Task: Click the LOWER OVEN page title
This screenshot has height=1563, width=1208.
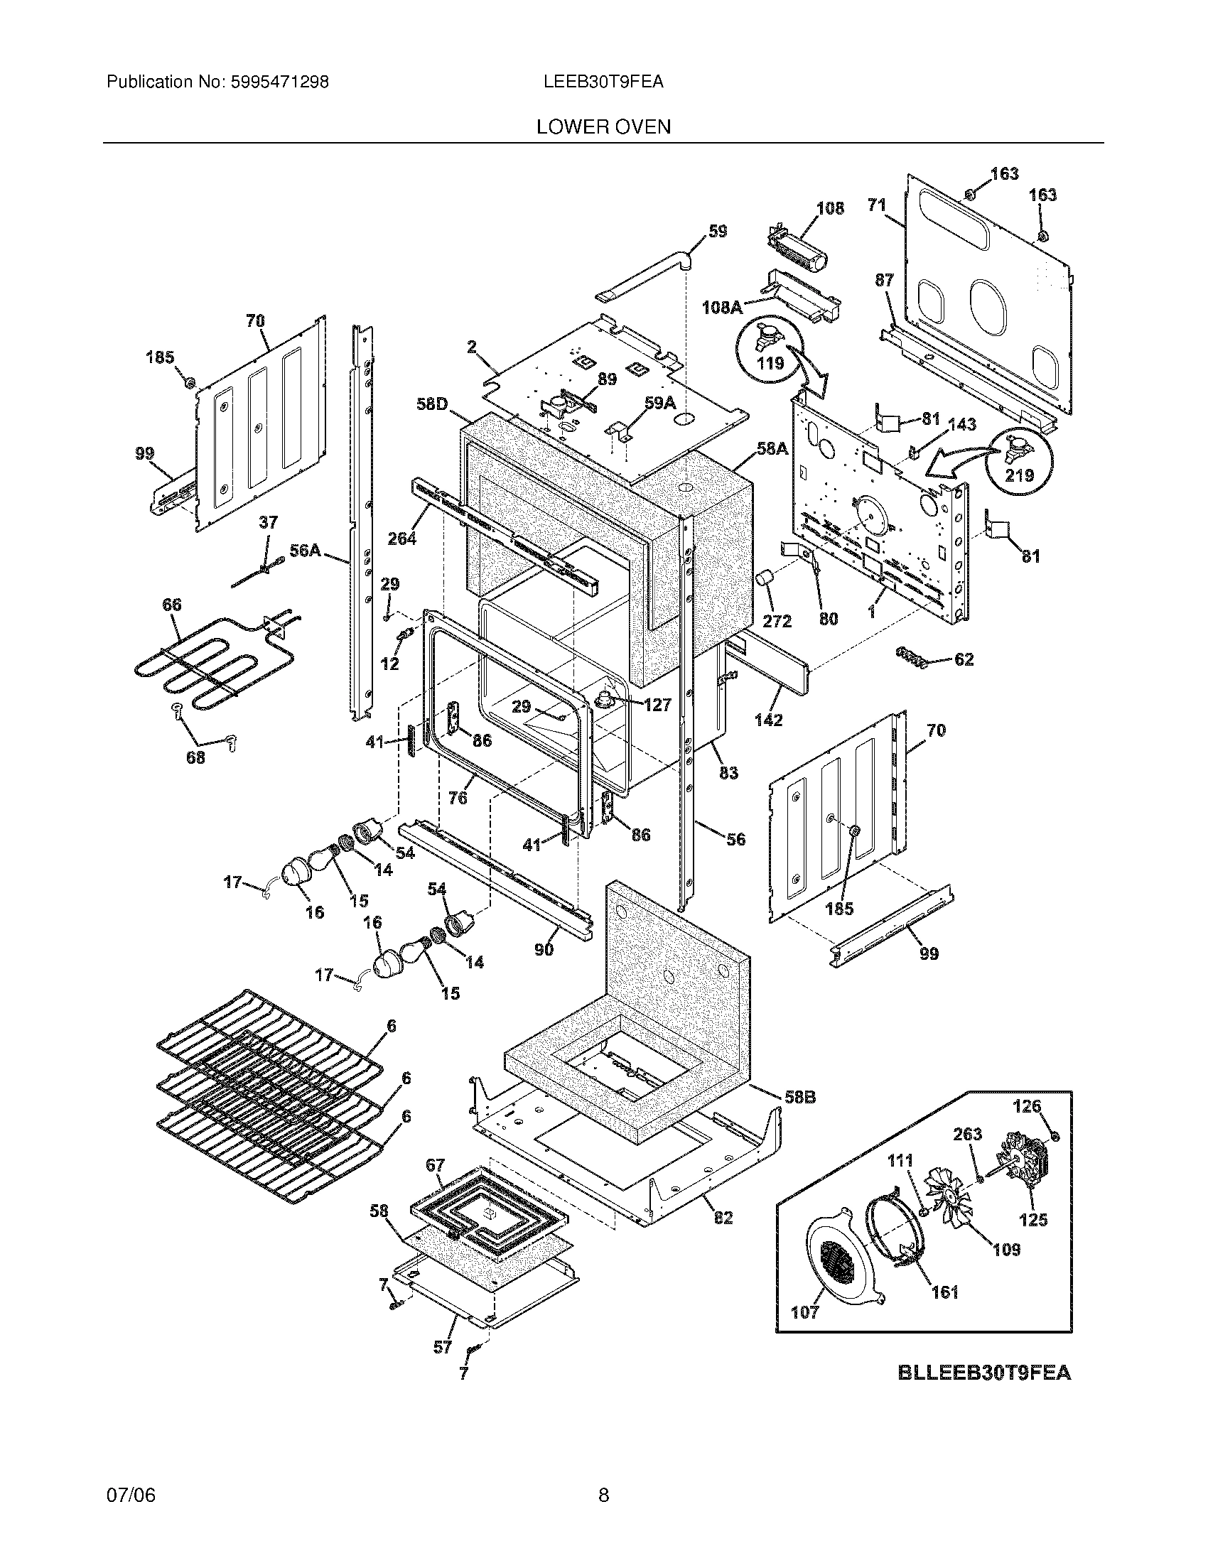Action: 603,127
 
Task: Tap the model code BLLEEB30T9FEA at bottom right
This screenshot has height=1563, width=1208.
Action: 984,1373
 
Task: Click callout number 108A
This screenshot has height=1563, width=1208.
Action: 721,307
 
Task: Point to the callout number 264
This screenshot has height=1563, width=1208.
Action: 401,538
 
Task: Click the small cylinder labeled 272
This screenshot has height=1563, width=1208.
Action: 767,580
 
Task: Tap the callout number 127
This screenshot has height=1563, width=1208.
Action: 657,705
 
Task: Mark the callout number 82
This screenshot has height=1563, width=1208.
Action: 723,1217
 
